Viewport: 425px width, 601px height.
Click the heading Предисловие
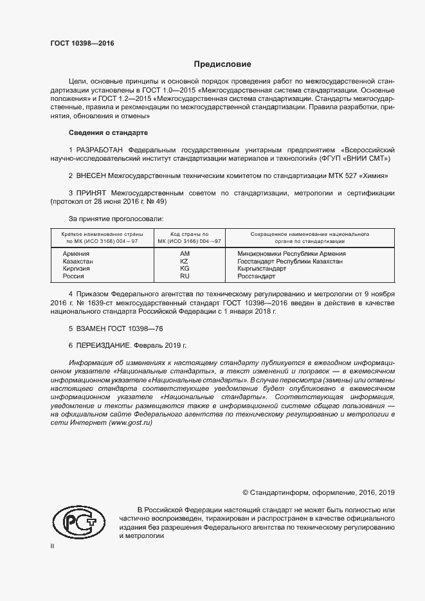[x=222, y=64]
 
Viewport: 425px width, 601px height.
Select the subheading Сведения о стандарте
[x=108, y=132]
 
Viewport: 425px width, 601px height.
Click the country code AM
[x=185, y=254]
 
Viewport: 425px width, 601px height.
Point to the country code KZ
[x=185, y=262]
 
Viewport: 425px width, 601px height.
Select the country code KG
[x=185, y=269]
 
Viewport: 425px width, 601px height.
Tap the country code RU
[x=185, y=276]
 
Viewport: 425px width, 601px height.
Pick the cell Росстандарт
[x=257, y=276]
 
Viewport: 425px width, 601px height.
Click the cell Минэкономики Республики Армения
[x=291, y=254]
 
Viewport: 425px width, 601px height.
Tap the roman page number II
[x=52, y=546]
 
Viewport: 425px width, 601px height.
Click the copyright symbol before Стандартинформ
[x=246, y=492]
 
